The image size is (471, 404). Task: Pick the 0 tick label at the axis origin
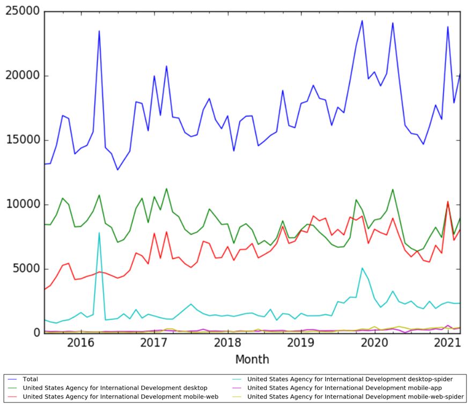click(x=36, y=333)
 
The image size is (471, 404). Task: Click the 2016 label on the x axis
click(x=80, y=342)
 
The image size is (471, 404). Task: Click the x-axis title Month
click(x=252, y=359)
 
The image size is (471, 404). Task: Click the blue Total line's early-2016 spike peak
click(x=99, y=31)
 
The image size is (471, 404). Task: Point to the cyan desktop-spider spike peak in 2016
click(x=99, y=233)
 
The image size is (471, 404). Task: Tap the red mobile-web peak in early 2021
click(x=448, y=202)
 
